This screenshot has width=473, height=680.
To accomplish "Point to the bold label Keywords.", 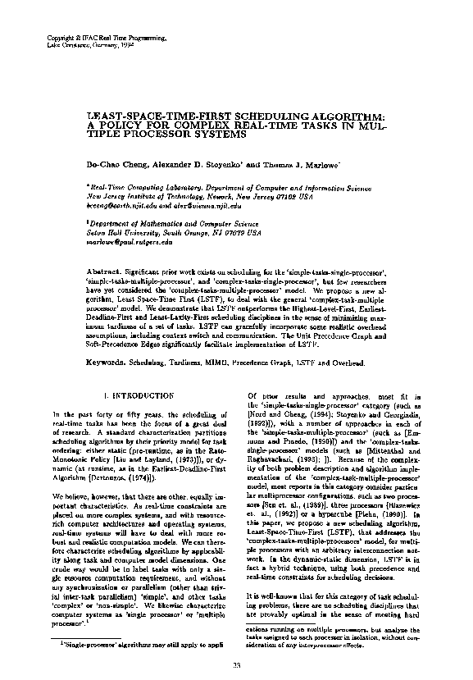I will (x=108, y=339).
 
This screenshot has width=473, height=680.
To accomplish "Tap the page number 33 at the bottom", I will (x=236, y=664).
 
